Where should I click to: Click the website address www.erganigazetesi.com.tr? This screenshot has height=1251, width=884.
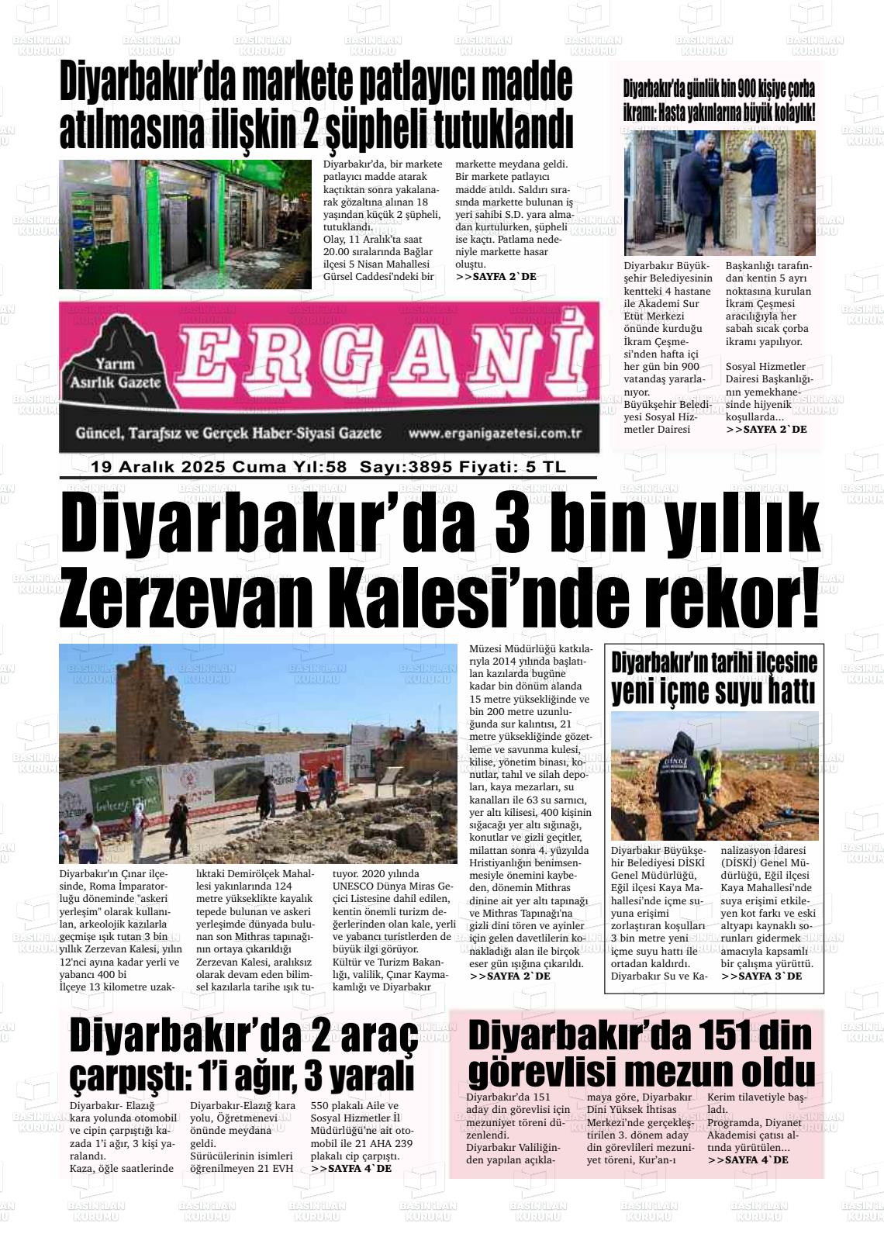pyautogui.click(x=495, y=434)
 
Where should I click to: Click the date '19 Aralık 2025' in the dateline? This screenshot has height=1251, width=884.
pyautogui.click(x=158, y=467)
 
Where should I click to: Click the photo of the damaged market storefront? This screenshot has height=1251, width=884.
pyautogui.click(x=185, y=224)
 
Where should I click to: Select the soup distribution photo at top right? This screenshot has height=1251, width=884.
pyautogui.click(x=720, y=193)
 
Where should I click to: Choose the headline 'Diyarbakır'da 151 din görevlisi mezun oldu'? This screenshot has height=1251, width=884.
pyautogui.click(x=641, y=1053)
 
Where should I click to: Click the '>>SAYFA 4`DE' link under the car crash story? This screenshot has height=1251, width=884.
pyautogui.click(x=350, y=1168)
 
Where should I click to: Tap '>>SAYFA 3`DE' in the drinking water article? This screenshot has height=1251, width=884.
pyautogui.click(x=761, y=976)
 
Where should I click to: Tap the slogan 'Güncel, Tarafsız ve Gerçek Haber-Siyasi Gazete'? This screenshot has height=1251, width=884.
pyautogui.click(x=228, y=434)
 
